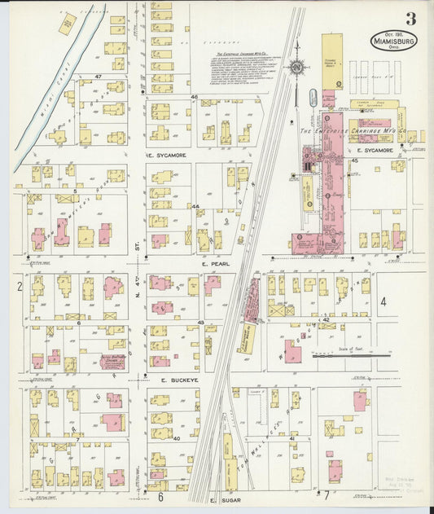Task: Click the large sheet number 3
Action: click(410, 18)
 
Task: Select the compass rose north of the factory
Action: click(297, 66)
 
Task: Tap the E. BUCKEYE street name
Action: click(174, 380)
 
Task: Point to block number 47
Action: click(98, 76)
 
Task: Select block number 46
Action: click(194, 97)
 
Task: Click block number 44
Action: click(195, 206)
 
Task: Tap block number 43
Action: click(199, 323)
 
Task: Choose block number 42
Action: click(325, 320)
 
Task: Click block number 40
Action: click(175, 438)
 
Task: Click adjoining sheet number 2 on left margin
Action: click(19, 286)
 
